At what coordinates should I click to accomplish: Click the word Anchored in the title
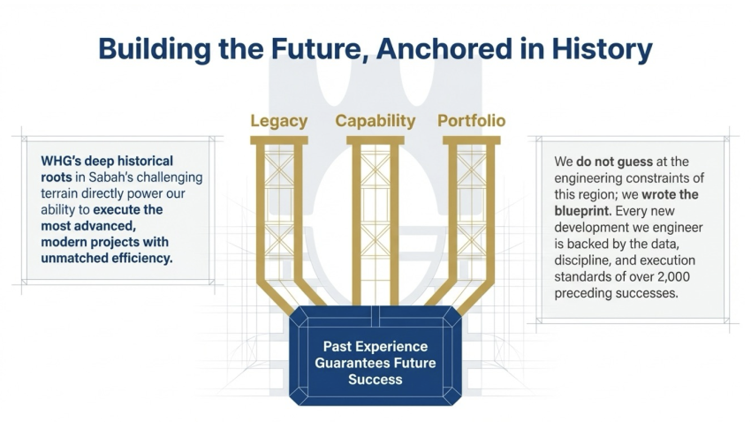pyautogui.click(x=444, y=49)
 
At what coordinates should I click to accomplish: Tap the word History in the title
pyautogui.click(x=602, y=49)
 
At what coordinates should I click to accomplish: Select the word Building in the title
pyautogui.click(x=155, y=49)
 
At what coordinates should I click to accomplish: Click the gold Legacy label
pyautogui.click(x=278, y=121)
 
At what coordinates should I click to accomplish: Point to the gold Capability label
pyautogui.click(x=375, y=121)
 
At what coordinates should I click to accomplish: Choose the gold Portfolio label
pyautogui.click(x=471, y=121)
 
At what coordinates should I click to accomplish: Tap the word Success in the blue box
pyautogui.click(x=375, y=380)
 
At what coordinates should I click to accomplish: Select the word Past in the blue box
pyautogui.click(x=338, y=346)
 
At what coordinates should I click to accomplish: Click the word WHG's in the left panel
pyautogui.click(x=60, y=161)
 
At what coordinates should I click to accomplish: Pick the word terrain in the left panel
pyautogui.click(x=59, y=193)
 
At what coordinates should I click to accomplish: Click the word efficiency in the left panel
pyautogui.click(x=142, y=259)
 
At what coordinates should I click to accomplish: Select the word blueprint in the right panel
pyautogui.click(x=583, y=211)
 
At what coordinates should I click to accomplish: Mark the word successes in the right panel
pyautogui.click(x=649, y=293)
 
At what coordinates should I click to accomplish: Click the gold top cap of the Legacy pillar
pyautogui.click(x=278, y=140)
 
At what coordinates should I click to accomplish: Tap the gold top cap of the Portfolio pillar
pyautogui.click(x=471, y=140)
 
